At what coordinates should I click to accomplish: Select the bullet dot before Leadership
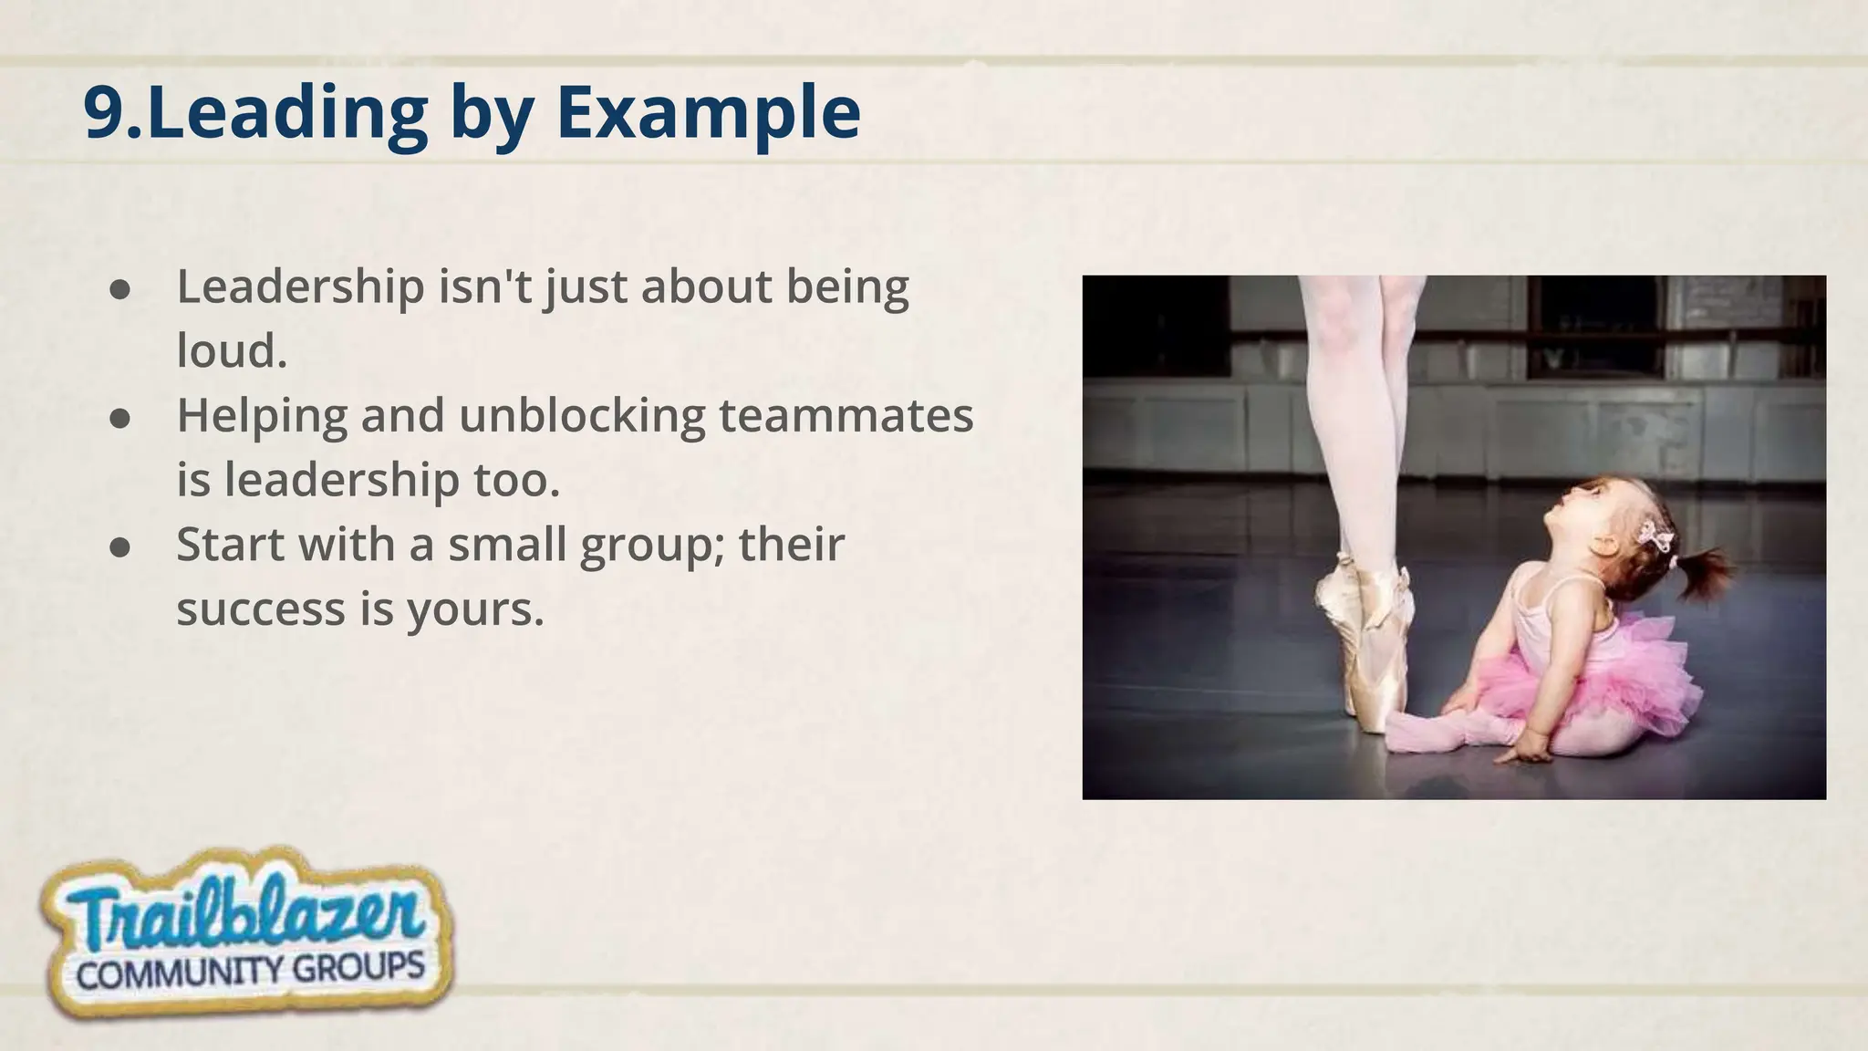coord(119,289)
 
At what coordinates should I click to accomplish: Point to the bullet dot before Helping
coord(119,418)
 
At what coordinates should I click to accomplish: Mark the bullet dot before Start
coord(119,546)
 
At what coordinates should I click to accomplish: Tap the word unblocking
coord(582,416)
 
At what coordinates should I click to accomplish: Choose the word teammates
coord(846,416)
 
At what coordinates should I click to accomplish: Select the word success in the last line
coord(261,609)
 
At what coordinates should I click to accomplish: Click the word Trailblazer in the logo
coord(244,916)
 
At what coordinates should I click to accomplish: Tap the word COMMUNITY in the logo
coord(180,973)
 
